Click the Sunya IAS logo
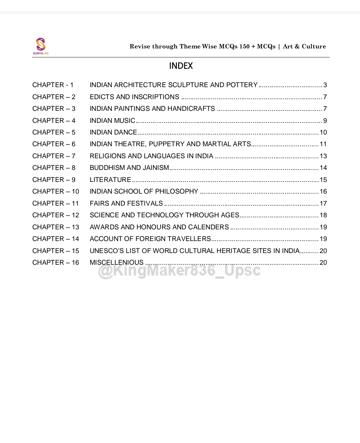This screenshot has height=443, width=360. click(x=40, y=46)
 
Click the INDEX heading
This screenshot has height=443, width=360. click(x=181, y=66)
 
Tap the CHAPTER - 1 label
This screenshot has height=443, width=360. click(x=53, y=85)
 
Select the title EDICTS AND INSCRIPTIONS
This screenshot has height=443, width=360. click(x=134, y=97)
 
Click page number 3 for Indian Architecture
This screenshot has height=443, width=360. click(x=325, y=85)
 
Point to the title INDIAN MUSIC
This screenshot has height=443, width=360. click(x=112, y=121)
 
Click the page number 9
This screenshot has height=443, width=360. click(x=325, y=121)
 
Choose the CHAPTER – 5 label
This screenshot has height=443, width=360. click(x=54, y=133)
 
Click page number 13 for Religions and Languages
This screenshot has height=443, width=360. click(x=323, y=156)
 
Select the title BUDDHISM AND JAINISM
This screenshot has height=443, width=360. click(x=129, y=168)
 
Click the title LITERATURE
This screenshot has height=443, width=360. click(x=110, y=180)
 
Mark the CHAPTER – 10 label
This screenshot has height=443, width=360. click(x=55, y=192)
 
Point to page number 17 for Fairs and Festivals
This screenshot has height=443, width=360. click(x=323, y=204)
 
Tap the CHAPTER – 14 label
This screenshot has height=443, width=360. click(x=55, y=239)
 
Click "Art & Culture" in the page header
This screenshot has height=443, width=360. click(x=304, y=46)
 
